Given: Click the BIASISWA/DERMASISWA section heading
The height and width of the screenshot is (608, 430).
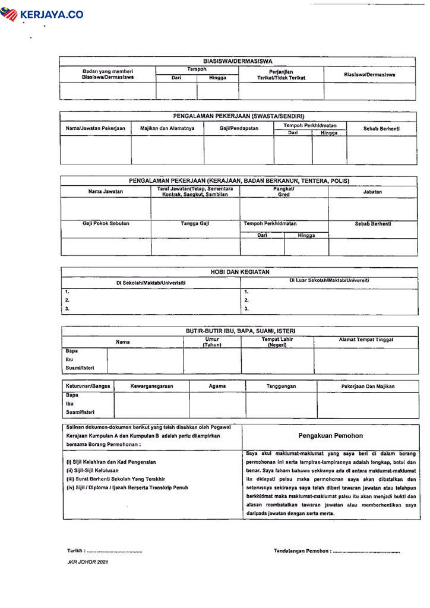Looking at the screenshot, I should click(238, 61).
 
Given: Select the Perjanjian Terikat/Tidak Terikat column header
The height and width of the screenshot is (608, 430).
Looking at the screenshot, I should click(280, 74).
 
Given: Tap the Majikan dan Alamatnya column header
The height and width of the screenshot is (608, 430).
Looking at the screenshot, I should click(167, 128).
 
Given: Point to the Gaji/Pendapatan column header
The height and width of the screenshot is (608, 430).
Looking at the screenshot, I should click(239, 128).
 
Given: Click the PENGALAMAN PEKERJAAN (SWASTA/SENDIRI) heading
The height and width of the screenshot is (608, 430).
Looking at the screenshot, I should click(238, 116).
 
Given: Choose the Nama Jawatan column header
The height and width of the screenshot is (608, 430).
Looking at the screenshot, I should click(105, 192).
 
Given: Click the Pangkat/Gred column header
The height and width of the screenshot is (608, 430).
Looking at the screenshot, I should click(284, 191).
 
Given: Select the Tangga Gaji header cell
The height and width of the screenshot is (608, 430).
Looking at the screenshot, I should click(195, 224).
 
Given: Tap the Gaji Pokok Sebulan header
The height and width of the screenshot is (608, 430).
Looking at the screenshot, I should click(106, 224).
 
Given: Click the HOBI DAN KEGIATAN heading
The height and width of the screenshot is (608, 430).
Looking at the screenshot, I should click(240, 272).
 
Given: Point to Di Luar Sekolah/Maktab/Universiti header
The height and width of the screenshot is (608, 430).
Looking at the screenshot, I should click(329, 280).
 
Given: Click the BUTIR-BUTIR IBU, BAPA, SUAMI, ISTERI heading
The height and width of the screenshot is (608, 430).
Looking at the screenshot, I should click(241, 331).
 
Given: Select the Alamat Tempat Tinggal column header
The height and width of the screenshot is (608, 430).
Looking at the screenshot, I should click(366, 340).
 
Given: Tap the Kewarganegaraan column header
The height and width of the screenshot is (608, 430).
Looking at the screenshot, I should click(151, 386).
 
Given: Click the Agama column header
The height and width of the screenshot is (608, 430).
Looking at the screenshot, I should click(217, 386).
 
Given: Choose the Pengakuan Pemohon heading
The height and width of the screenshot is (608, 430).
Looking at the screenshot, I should click(331, 436).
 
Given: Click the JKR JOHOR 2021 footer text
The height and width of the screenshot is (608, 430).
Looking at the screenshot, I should click(87, 562).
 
